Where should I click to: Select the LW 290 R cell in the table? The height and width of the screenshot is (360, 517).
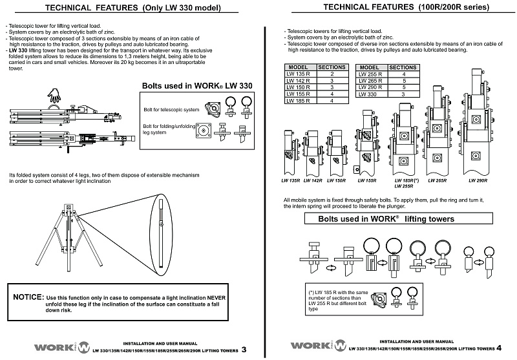coord(371,87)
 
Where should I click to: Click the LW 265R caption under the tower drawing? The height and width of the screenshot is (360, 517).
coord(437,180)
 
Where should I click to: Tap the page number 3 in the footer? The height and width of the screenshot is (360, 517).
coord(244,351)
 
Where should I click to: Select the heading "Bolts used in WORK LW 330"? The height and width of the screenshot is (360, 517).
coord(196,85)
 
